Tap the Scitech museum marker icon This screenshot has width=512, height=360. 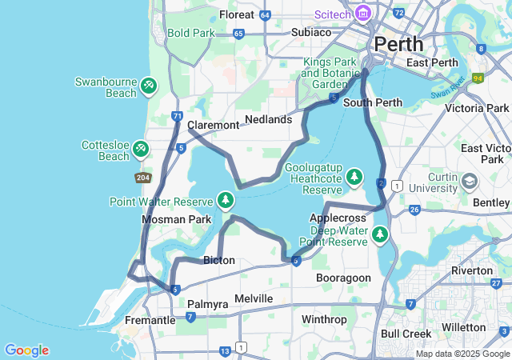click(363, 13)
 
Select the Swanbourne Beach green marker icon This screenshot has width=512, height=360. click(148, 86)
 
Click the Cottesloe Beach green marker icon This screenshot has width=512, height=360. click(141, 149)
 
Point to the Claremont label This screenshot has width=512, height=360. click(213, 126)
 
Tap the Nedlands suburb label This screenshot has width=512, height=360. click(268, 119)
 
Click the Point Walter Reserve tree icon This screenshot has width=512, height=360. click(226, 199)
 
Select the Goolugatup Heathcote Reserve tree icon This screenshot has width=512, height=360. click(354, 177)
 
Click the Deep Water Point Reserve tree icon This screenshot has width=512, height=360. click(379, 234)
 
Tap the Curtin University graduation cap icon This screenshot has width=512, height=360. click(470, 183)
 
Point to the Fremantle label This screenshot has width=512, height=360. click(148, 320)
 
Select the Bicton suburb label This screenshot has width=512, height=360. click(218, 261)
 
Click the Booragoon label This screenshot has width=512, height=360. click(343, 278)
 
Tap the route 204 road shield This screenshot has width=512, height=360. click(143, 178)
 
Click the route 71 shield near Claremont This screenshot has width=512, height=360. click(176, 117)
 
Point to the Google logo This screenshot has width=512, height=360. click(26, 350)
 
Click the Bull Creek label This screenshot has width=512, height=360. click(406, 334)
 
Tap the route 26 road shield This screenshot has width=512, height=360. click(414, 210)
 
